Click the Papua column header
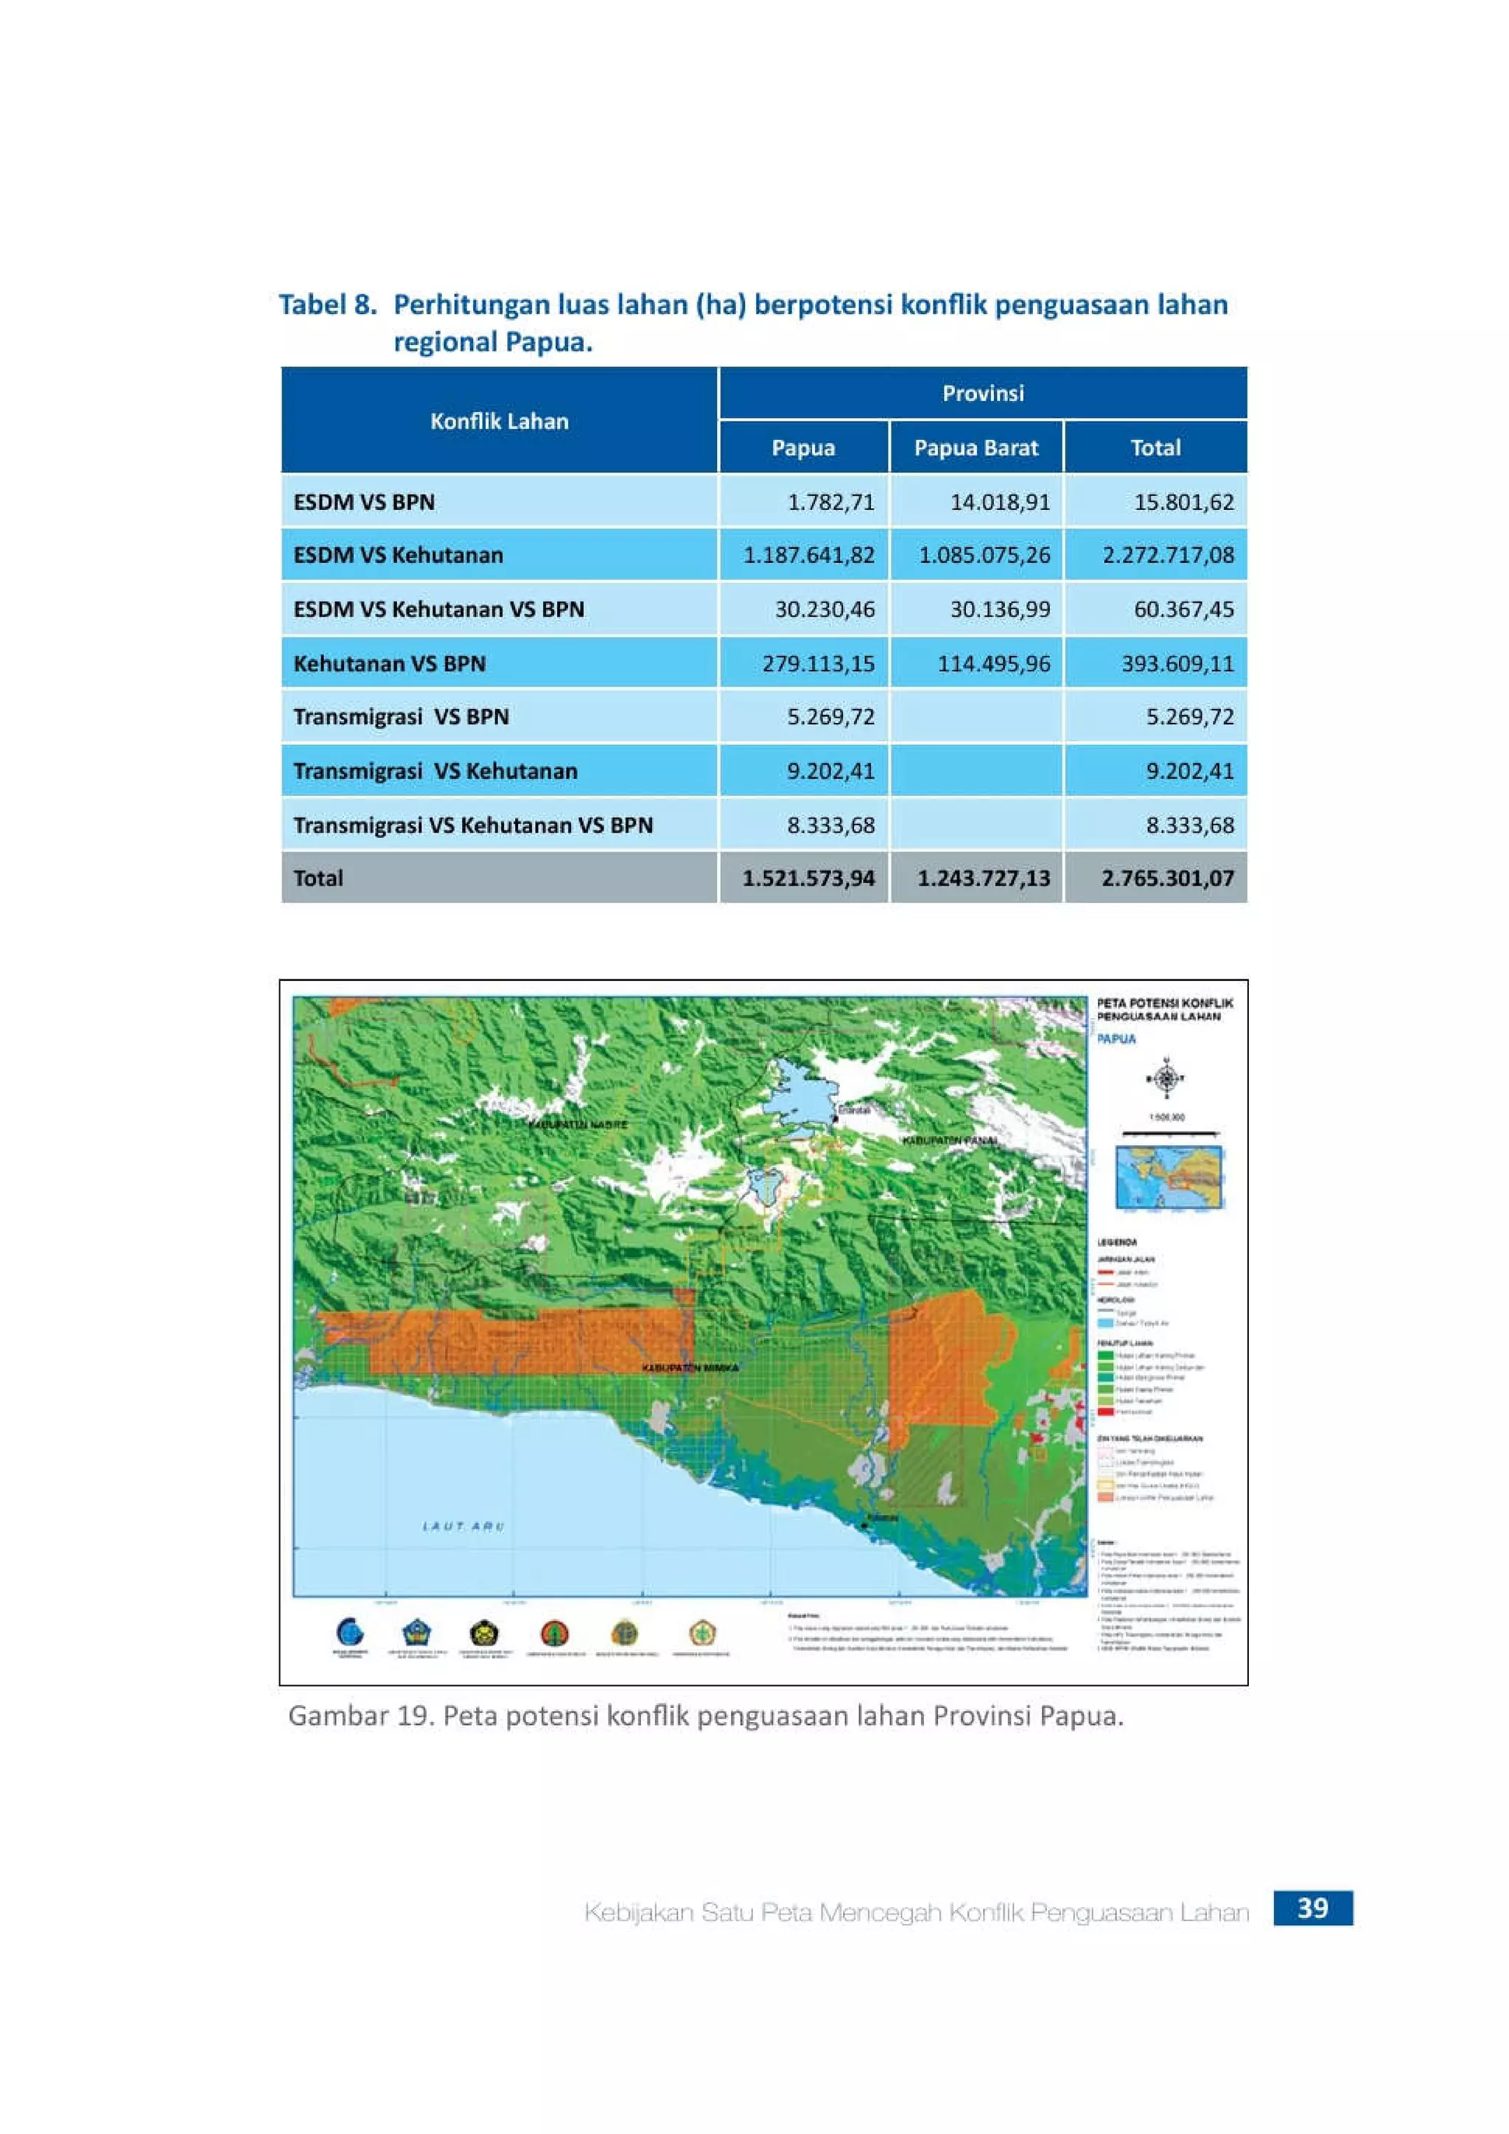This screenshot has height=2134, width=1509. pos(803,447)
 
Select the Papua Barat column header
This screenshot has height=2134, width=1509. pos(976,447)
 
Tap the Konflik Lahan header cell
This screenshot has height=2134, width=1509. pos(499,421)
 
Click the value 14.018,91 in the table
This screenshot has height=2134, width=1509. pos(1000,502)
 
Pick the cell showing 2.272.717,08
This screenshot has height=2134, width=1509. pos(1168,555)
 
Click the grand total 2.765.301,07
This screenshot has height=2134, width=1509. pos(1167,878)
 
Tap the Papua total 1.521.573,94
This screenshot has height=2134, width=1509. pos(808,878)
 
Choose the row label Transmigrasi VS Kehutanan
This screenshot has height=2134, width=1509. pos(435,771)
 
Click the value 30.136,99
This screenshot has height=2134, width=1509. pos(1000,609)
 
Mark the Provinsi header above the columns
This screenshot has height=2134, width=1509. pos(983,393)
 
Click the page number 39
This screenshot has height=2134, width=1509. pos(1312,1908)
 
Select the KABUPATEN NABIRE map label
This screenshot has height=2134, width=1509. pos(578,1124)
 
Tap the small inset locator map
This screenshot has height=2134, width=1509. pos(1169,1178)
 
